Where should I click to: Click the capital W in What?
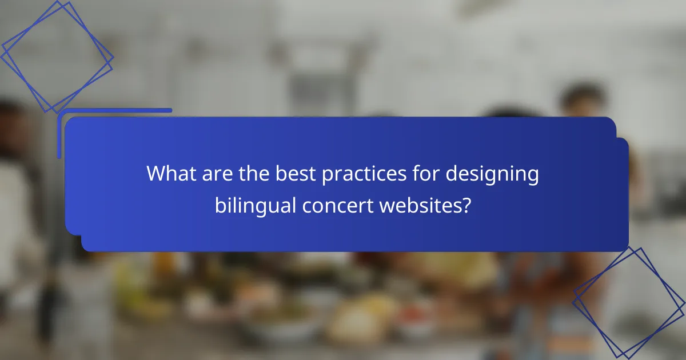point(156,174)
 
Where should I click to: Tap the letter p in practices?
point(327,176)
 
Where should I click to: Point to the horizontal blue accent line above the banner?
point(114,110)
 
